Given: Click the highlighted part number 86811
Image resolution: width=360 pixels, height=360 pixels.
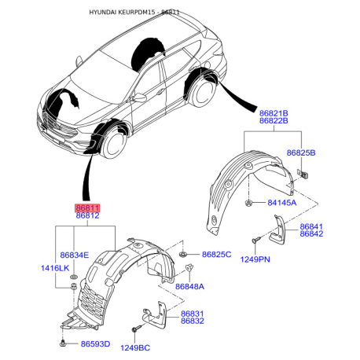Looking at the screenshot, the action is pyautogui.click(x=87, y=208).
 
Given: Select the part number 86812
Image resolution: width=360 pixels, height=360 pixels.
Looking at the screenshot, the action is pyautogui.click(x=87, y=215).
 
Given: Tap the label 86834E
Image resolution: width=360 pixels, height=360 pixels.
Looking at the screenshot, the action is pyautogui.click(x=75, y=255).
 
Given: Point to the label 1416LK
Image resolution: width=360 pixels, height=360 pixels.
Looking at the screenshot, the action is pyautogui.click(x=55, y=268).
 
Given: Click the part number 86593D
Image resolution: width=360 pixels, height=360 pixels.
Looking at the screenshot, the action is pyautogui.click(x=95, y=343).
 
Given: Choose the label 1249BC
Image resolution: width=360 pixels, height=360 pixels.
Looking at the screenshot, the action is pyautogui.click(x=135, y=347).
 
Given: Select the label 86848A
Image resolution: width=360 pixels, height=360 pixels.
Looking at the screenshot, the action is pyautogui.click(x=189, y=286).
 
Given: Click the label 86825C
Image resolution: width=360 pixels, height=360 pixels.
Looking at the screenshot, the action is pyautogui.click(x=217, y=255).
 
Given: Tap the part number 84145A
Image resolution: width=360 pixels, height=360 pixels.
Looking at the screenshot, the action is pyautogui.click(x=282, y=203).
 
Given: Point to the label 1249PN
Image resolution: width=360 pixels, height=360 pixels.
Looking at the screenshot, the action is pyautogui.click(x=255, y=259).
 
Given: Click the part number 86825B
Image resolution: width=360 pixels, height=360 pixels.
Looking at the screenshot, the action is pyautogui.click(x=301, y=152).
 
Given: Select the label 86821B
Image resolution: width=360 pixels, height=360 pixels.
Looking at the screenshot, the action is pyautogui.click(x=274, y=113).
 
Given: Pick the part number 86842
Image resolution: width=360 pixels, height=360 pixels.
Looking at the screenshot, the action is pyautogui.click(x=311, y=233).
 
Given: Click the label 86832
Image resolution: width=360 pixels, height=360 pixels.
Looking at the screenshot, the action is pyautogui.click(x=193, y=321).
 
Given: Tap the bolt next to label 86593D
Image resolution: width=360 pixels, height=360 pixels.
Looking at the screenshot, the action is pyautogui.click(x=63, y=343).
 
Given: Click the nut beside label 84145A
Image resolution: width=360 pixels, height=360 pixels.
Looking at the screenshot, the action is pyautogui.click(x=248, y=203).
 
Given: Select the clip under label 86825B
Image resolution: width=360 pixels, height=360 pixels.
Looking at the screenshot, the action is pyautogui.click(x=303, y=174).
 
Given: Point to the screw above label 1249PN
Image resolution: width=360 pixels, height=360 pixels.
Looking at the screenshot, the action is pyautogui.click(x=256, y=240).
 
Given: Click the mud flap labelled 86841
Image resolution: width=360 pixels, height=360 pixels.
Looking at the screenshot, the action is pyautogui.click(x=278, y=230).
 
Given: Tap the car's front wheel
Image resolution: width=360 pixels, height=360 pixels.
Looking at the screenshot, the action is pyautogui.click(x=114, y=144).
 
